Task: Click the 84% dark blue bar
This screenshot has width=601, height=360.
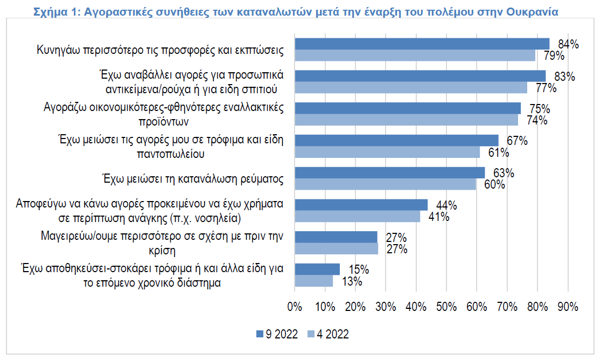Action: (422, 44)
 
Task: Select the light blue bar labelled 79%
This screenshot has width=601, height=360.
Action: (415, 55)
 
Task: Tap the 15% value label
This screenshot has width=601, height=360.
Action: (359, 269)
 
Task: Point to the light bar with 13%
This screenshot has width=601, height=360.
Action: (314, 281)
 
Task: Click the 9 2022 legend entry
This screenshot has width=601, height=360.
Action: (277, 334)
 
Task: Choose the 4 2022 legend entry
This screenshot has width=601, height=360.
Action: (328, 334)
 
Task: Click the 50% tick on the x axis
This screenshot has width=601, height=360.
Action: (446, 307)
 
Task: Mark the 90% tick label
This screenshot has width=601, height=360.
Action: (568, 307)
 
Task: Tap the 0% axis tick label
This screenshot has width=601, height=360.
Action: (295, 307)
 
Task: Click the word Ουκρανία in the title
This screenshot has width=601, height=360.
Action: (532, 12)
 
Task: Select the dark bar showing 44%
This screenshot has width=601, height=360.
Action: (361, 205)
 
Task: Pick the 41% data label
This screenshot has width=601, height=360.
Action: (439, 217)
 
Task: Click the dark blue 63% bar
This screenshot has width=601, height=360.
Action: (390, 172)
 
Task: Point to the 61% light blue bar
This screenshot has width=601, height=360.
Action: (387, 152)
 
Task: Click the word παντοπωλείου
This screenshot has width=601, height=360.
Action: (171, 154)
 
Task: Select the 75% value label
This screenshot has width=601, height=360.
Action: (540, 109)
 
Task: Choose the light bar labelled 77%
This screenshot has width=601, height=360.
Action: (411, 87)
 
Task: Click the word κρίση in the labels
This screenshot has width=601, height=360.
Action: (162, 251)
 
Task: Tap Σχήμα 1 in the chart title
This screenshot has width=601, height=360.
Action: (57, 12)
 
